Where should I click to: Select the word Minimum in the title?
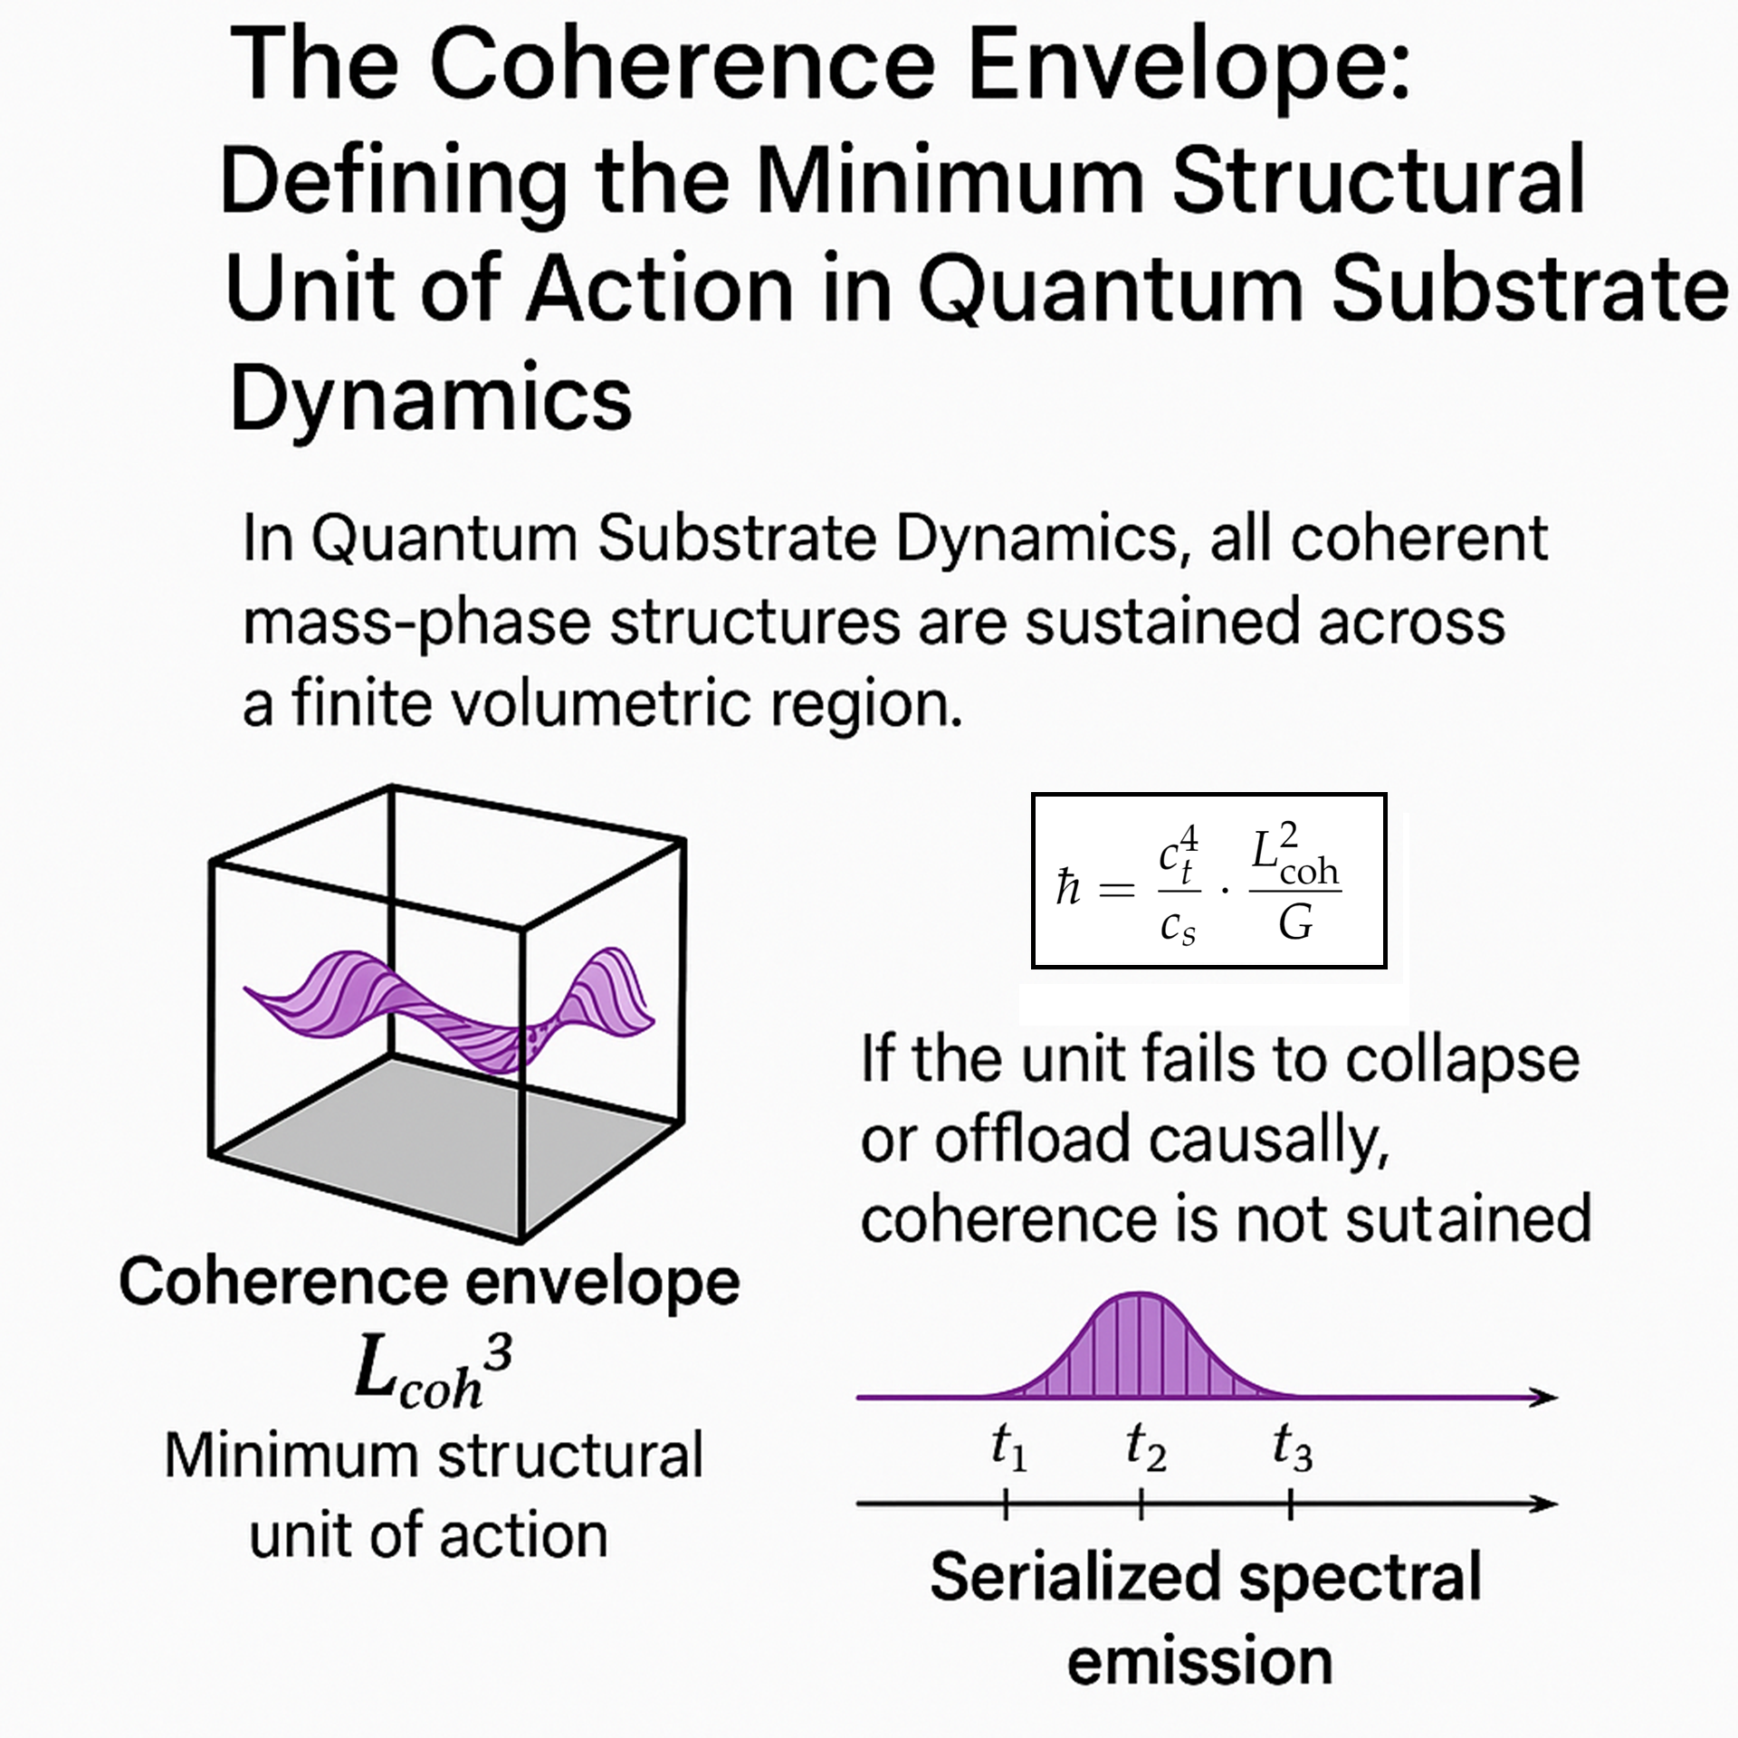(x=950, y=180)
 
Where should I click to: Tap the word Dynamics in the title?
(x=431, y=398)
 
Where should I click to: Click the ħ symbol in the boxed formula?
(x=1068, y=886)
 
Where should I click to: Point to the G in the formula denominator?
(x=1295, y=924)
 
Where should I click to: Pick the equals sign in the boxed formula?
(x=1116, y=889)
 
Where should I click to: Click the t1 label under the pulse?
(x=1008, y=1446)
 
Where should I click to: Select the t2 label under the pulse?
(x=1145, y=1446)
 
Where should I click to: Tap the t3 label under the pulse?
(x=1292, y=1446)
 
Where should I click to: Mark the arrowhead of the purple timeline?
(x=1543, y=1398)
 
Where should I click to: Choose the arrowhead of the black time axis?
(x=1543, y=1504)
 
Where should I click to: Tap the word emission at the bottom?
(x=1199, y=1661)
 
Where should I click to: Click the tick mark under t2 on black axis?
(x=1141, y=1505)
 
